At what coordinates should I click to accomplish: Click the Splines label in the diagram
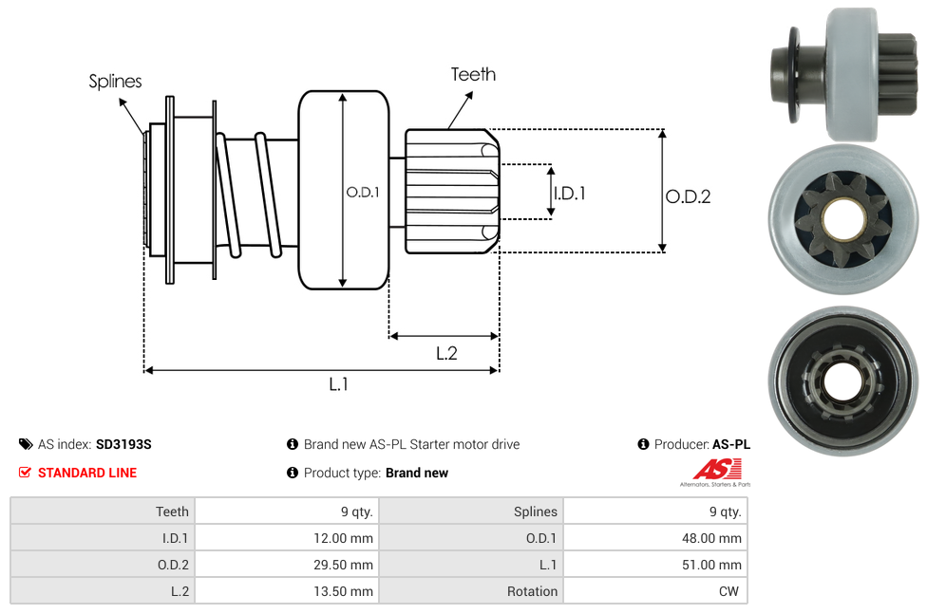tap(115, 82)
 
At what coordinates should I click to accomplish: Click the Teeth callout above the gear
tap(472, 74)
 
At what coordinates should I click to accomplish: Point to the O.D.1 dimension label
tap(363, 192)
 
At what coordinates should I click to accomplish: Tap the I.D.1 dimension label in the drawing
tap(569, 193)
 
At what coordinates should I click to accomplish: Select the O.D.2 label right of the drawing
tap(688, 196)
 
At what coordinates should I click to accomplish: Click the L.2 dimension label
tap(446, 353)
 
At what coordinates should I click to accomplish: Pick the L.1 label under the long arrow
tap(339, 384)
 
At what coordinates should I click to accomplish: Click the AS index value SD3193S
tap(123, 444)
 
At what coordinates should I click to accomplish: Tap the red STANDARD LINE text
tap(87, 473)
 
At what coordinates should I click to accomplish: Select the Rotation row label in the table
tap(532, 591)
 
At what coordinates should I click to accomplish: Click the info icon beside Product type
tap(293, 473)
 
